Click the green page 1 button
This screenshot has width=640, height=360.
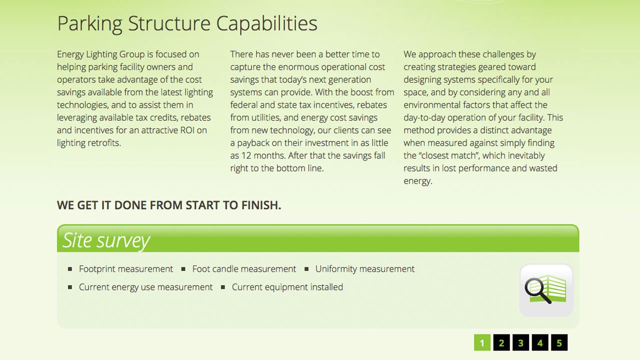click(482, 342)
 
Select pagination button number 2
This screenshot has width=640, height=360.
click(501, 342)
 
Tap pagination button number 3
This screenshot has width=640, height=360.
click(520, 342)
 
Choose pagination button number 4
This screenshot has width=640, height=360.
click(540, 342)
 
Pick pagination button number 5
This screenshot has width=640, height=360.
click(559, 342)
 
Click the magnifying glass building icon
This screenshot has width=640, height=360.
click(546, 290)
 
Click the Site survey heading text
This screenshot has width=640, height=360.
click(106, 240)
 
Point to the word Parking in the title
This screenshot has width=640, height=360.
click(90, 24)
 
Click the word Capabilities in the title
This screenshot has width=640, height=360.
click(266, 24)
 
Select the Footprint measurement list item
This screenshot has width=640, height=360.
click(126, 269)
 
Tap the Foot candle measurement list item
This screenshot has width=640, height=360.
click(244, 269)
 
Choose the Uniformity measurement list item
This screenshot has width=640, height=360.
click(365, 269)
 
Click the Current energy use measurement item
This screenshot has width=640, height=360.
click(145, 287)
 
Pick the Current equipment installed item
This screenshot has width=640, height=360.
click(287, 287)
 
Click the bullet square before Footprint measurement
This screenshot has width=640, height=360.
click(70, 269)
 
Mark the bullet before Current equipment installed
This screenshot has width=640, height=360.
click(223, 287)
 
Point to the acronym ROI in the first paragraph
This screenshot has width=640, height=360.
click(187, 130)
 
